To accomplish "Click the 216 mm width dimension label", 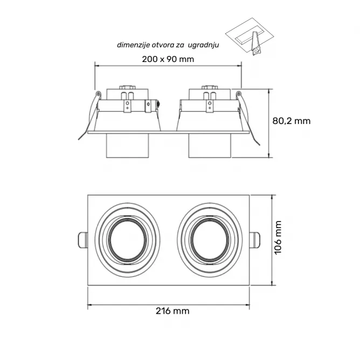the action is [172, 311].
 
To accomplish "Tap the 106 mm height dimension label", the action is [278, 238].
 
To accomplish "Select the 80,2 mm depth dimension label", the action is [292, 121].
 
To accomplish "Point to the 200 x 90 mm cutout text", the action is [168, 59].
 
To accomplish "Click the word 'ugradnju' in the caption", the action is [203, 45].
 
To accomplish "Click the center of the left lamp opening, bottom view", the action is [127, 240].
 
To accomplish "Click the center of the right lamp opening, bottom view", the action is [210, 240].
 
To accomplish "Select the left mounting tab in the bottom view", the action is [83, 240].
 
